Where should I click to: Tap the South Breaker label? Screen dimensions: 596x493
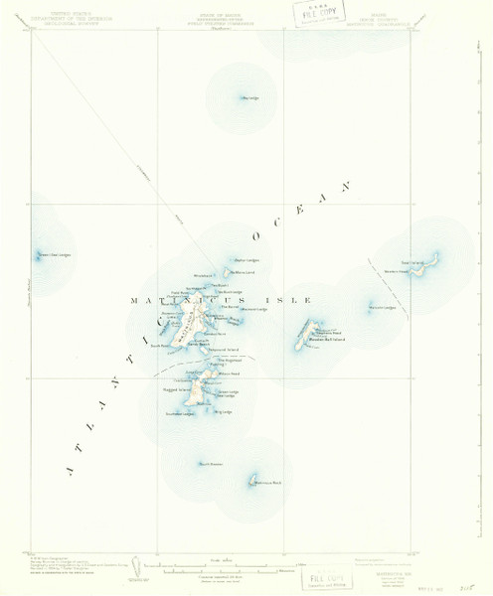tap(210, 464)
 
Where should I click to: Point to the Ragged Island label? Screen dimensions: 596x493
tap(176, 390)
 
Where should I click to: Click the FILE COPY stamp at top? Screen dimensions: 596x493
tap(316, 15)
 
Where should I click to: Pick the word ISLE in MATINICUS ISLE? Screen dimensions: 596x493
tap(293, 299)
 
